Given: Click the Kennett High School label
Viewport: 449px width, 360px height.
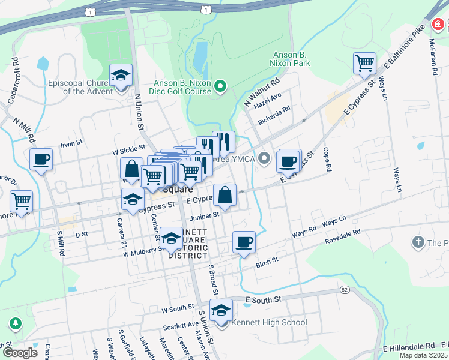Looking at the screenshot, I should (x=269, y=323).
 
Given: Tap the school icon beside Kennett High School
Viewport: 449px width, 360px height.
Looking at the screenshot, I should (x=221, y=311).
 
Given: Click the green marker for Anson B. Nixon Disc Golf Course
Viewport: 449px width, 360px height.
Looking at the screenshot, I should (x=220, y=88).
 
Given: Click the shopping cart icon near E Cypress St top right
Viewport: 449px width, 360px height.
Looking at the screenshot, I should (x=364, y=63).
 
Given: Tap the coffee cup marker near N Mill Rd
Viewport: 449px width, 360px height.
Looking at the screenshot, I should (x=41, y=160).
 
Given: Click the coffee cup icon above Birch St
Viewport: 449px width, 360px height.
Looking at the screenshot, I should (x=244, y=242).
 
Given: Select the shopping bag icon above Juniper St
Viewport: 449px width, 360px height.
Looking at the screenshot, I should (x=224, y=196).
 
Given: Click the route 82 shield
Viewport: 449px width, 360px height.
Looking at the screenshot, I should (x=343, y=290).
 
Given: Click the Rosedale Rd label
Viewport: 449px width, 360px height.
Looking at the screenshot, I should (x=342, y=233).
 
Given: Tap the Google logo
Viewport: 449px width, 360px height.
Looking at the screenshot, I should (x=20, y=352).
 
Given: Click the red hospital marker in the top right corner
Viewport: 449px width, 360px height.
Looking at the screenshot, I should (x=439, y=25).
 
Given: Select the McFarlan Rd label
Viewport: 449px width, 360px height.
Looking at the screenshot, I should (x=433, y=58).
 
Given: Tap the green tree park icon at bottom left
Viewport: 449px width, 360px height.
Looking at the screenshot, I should (x=14, y=325).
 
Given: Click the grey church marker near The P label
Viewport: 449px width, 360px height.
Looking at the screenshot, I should (x=418, y=243).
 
